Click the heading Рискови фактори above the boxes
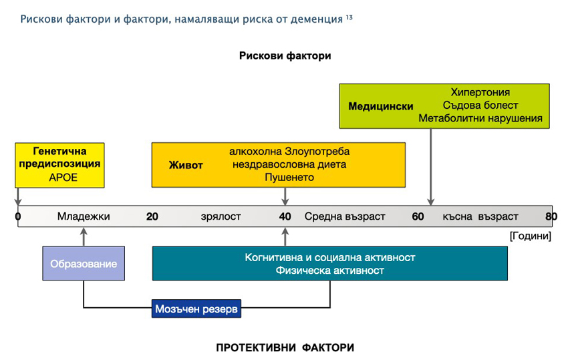(285, 56)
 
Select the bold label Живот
(186, 165)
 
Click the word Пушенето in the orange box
(289, 178)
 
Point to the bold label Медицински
(381, 106)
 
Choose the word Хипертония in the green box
(480, 92)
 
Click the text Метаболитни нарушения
(480, 118)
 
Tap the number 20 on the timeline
(152, 216)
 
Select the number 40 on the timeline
(285, 216)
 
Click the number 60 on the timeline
(418, 216)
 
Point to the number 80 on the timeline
(551, 216)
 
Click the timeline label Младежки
(84, 216)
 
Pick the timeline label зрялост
(221, 216)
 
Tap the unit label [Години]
(530, 236)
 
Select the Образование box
(84, 264)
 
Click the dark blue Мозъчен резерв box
(196, 309)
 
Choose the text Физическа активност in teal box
(329, 271)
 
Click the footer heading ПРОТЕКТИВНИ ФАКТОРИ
(285, 348)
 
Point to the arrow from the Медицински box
(431, 167)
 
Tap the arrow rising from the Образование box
(84, 237)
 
